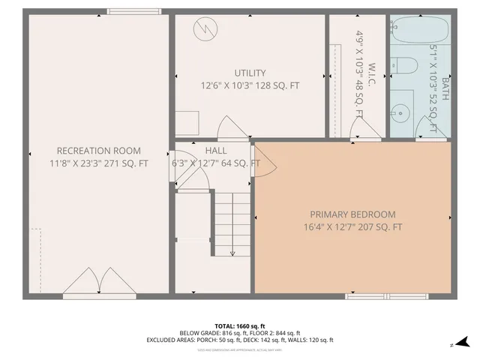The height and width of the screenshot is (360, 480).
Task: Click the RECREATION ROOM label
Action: tap(98, 151)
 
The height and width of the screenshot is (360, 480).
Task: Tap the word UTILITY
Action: tap(250, 73)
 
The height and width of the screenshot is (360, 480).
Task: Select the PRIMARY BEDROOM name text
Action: tap(352, 214)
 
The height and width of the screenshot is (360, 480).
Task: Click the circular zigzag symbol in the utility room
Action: tap(203, 30)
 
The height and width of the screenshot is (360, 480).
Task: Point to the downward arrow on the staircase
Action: tap(232, 251)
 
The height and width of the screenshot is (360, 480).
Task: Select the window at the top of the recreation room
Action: tap(128, 11)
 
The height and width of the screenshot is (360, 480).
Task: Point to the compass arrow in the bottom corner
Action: tap(452, 345)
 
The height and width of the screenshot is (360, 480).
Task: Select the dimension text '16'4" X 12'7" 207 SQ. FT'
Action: tap(352, 227)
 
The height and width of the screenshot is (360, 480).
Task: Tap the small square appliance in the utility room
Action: tap(187, 122)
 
